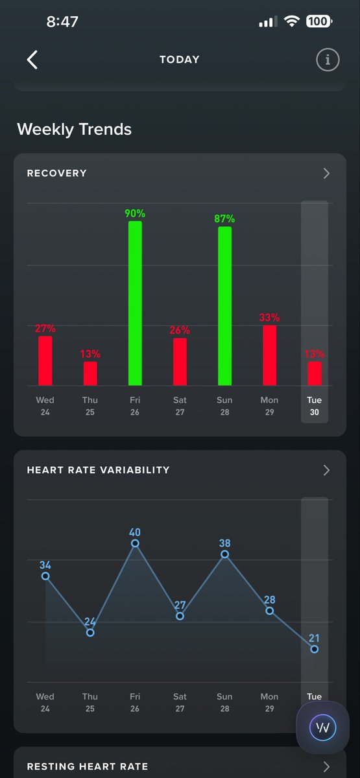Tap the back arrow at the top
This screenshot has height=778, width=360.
pos(32,60)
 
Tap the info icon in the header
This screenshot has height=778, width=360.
pos(328,60)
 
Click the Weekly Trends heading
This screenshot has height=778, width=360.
pos(75,129)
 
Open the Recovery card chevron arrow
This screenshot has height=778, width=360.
pos(326,173)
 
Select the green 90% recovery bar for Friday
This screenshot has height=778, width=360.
pos(135,303)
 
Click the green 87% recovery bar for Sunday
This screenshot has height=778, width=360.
pos(224,306)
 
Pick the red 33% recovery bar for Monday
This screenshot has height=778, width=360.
pos(269,355)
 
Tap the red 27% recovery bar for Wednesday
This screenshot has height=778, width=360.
pos(45,361)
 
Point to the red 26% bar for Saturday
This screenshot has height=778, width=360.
pos(180,362)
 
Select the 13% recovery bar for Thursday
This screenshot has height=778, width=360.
pos(90,373)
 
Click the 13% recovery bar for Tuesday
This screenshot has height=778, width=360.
pos(315,373)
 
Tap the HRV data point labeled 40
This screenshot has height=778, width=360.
pos(135,543)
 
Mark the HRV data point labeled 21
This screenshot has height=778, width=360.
pos(315,649)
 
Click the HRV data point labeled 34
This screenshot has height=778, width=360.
pos(45,576)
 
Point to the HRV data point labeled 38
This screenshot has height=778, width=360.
pos(225,554)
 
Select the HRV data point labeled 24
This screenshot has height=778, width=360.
pos(90,633)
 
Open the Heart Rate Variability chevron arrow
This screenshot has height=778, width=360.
pos(326,470)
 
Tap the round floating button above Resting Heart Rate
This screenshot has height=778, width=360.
pos(322,727)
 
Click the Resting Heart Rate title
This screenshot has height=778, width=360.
pos(87,766)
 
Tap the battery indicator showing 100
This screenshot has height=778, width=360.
pos(318,21)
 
